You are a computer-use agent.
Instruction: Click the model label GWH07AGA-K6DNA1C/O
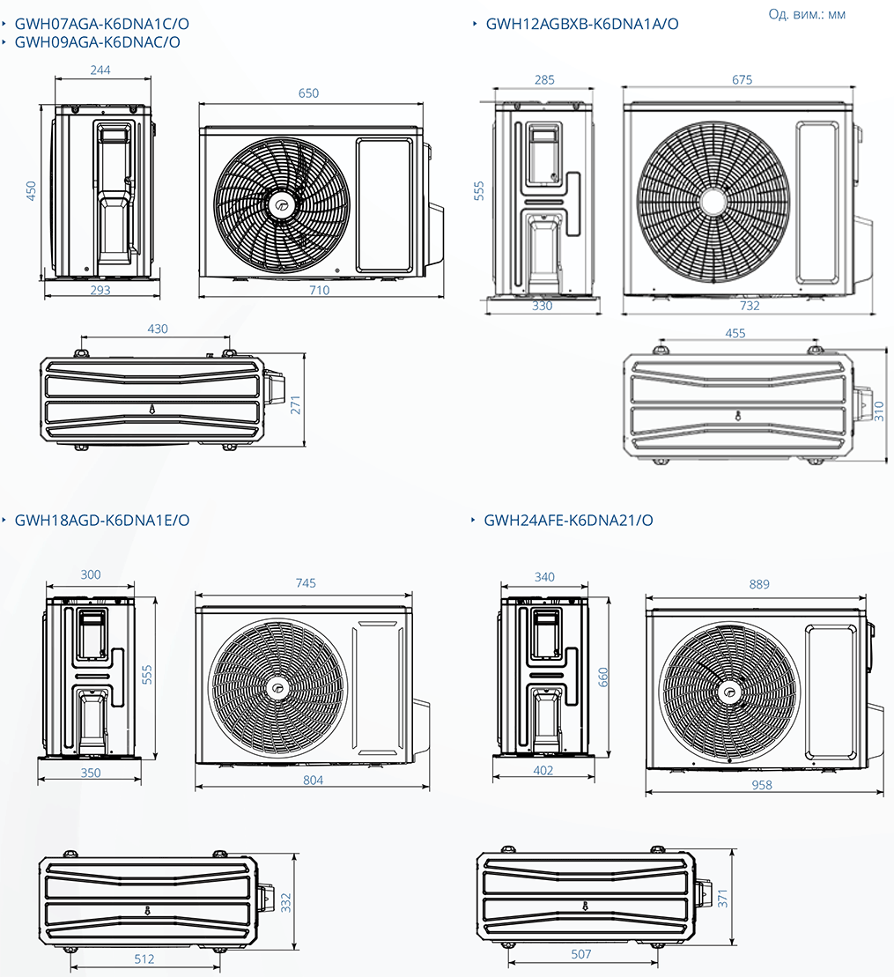coord(97,25)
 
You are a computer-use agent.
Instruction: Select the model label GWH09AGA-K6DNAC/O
coord(97,42)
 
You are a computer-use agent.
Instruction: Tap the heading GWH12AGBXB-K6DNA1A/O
coord(582,25)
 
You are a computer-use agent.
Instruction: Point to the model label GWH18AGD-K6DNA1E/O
coord(101,521)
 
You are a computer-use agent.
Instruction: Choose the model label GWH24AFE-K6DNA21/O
coord(568,521)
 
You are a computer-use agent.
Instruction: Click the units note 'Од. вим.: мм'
coord(807,15)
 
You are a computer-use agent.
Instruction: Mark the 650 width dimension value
coord(308,93)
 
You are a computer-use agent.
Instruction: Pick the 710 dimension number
coord(319,290)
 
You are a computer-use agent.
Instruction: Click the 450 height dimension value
coord(31,191)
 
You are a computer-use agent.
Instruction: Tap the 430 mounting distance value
coord(157,329)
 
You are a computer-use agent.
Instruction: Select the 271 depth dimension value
coord(296,404)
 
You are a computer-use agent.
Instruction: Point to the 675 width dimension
coord(742,80)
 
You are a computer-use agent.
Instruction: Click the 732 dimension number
coord(750,305)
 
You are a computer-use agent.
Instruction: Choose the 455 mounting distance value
coord(735,333)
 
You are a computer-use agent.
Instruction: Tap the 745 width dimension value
coord(306,583)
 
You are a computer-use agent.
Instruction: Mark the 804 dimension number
coord(313,780)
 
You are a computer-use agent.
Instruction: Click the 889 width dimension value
coord(759,584)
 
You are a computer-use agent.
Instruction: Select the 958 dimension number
coord(762,785)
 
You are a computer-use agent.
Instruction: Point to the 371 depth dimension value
coord(723,898)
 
